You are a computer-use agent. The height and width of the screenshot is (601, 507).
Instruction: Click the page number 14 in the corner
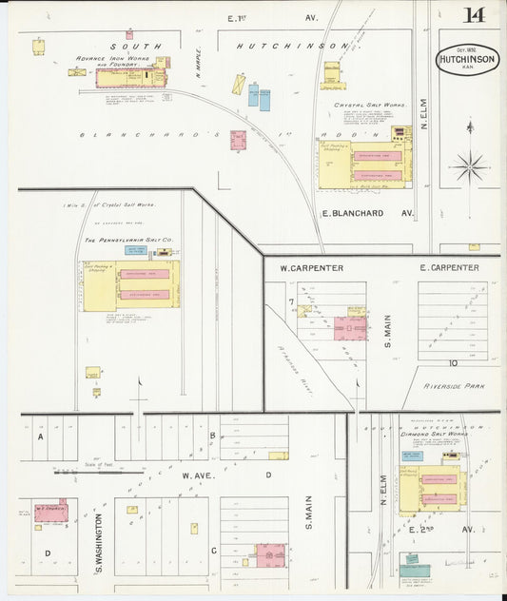click(473, 15)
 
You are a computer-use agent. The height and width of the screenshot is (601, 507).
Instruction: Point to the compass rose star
click(469, 167)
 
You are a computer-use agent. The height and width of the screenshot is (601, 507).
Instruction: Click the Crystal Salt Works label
click(369, 106)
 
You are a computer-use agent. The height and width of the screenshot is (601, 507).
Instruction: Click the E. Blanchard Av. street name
click(366, 213)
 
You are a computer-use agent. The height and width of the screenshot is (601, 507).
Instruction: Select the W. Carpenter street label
click(311, 268)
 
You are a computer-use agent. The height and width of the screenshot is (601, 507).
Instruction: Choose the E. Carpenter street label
click(449, 268)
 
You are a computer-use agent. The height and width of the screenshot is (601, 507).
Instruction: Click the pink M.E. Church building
click(50, 514)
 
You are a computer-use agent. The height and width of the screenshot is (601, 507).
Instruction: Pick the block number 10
click(454, 362)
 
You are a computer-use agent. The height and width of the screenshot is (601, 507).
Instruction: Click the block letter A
click(41, 438)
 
